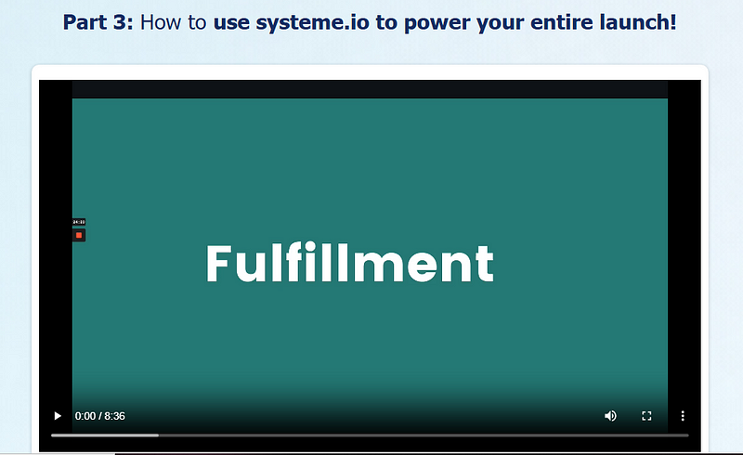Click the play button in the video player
pos(58,416)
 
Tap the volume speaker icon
pos(610,416)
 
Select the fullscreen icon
pos(646,416)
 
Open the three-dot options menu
pos(683,416)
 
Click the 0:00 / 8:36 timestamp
pos(100,416)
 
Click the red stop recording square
pos(79,235)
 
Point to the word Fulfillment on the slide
pos(350,263)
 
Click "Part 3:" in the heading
pos(98,22)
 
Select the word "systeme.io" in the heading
pos(312,22)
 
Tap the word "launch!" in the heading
pos(638,22)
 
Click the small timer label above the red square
pos(79,222)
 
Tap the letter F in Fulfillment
pos(218,263)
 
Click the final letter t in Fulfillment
pos(484,266)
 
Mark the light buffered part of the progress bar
pos(105,435)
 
